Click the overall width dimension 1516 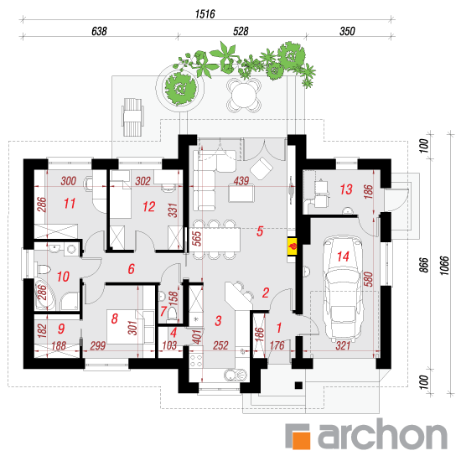click(205, 14)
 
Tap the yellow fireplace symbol click(293, 246)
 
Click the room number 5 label click(260, 231)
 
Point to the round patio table click(244, 96)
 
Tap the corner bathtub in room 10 click(44, 294)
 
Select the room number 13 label click(346, 189)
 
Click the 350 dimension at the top click(347, 31)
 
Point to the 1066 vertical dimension click(444, 266)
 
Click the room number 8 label click(114, 319)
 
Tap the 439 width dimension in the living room click(241, 181)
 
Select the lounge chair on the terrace click(133, 117)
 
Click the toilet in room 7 click(172, 313)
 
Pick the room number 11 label click(70, 204)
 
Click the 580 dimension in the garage click(368, 279)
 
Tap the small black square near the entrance click(298, 386)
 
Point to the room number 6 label click(131, 269)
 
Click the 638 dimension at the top click(99, 31)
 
